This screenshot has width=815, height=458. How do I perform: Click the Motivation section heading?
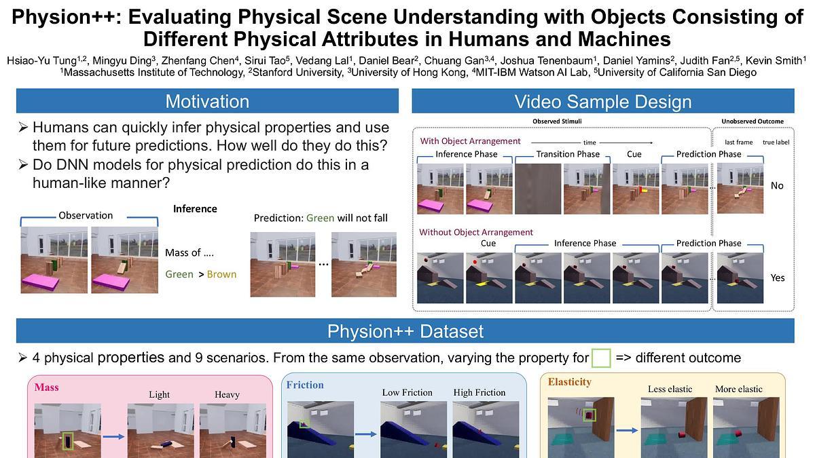click(207, 101)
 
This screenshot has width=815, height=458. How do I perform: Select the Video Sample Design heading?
click(603, 102)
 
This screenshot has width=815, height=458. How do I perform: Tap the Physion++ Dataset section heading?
click(405, 331)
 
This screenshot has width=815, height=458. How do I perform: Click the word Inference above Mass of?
click(195, 209)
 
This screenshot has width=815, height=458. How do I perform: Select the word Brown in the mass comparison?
click(221, 274)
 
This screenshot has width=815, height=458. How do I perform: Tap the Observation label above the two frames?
click(86, 216)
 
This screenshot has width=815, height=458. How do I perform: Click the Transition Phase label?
click(568, 154)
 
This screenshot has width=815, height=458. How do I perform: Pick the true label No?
click(777, 186)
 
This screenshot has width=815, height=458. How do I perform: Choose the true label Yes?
click(778, 278)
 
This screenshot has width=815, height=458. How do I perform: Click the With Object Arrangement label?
click(470, 141)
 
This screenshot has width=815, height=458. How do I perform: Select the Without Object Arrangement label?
click(476, 232)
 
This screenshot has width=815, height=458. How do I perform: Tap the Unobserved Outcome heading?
click(753, 121)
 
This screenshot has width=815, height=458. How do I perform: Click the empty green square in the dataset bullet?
click(601, 358)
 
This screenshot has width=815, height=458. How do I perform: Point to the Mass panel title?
click(47, 387)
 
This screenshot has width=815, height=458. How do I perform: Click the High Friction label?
click(479, 392)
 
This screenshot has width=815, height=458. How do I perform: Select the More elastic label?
click(739, 389)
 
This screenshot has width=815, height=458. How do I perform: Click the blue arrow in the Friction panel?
click(365, 434)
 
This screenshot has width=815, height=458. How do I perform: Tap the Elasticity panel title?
click(569, 382)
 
